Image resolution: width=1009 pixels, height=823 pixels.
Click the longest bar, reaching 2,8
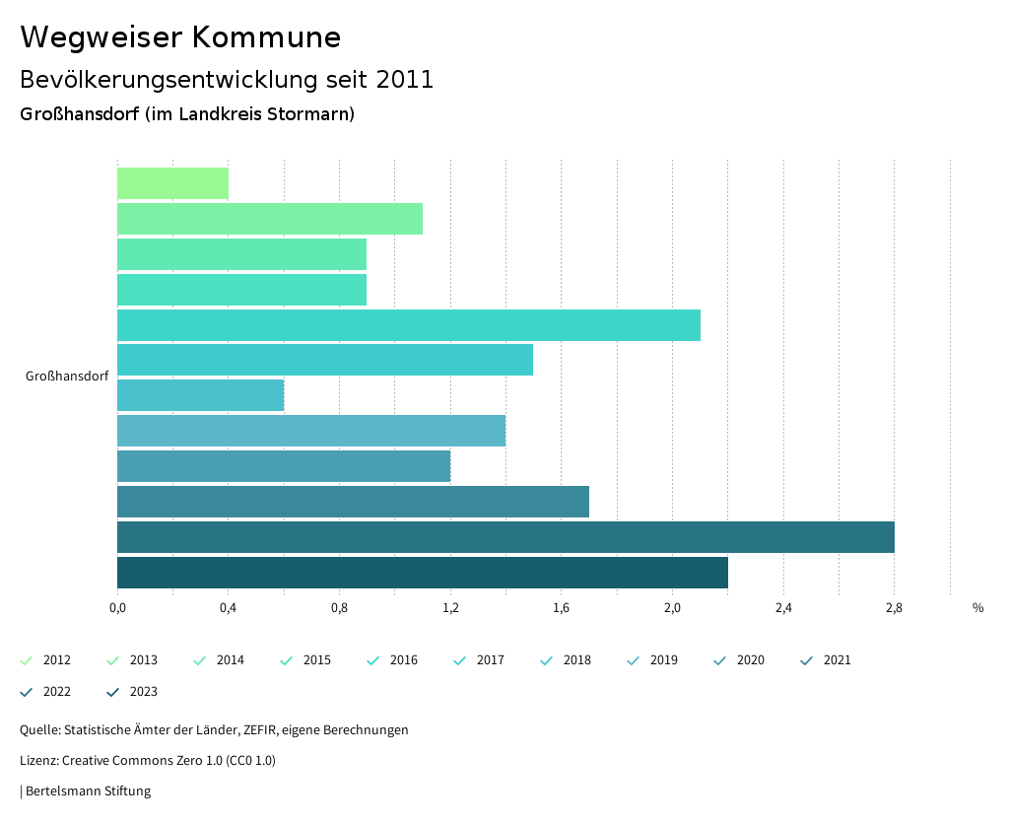pyautogui.click(x=505, y=537)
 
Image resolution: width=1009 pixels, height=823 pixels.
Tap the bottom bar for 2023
pyautogui.click(x=423, y=573)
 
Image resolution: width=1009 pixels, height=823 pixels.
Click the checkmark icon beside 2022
pyautogui.click(x=27, y=692)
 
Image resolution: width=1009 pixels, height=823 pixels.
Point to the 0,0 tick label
pyautogui.click(x=117, y=607)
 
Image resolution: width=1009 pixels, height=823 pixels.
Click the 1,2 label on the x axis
pyautogui.click(x=450, y=607)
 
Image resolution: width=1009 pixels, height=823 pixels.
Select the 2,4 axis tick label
pyautogui.click(x=783, y=607)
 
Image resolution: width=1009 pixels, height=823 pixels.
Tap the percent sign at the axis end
pyautogui.click(x=977, y=607)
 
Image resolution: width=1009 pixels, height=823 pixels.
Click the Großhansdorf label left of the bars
pyautogui.click(x=67, y=377)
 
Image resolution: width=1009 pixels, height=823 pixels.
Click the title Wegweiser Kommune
pyautogui.click(x=180, y=37)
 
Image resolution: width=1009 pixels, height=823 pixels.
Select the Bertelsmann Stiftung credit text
pyautogui.click(x=88, y=790)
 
